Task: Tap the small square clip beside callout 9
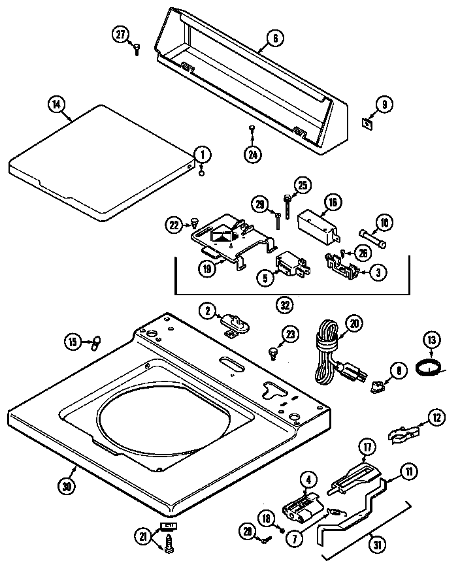(368, 122)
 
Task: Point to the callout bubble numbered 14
(57, 103)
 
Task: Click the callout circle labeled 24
(252, 154)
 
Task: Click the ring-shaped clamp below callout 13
(428, 370)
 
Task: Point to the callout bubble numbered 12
(436, 416)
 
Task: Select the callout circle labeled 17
(367, 448)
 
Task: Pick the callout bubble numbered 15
(74, 341)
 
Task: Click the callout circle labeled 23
(289, 334)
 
